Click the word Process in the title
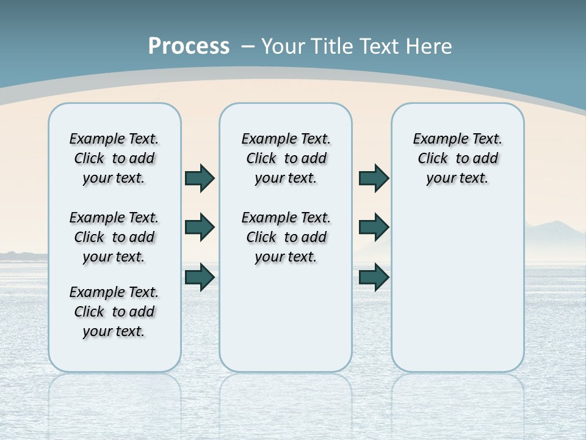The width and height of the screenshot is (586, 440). (189, 46)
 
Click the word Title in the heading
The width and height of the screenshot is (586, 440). (332, 46)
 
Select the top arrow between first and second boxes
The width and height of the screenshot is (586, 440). (200, 178)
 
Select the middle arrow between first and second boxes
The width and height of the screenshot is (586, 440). (200, 227)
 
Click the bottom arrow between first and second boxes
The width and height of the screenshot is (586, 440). (200, 277)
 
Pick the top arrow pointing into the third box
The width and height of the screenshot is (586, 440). (374, 178)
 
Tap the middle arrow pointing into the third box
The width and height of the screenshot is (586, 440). (374, 227)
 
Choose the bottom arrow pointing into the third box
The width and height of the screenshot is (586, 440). (374, 277)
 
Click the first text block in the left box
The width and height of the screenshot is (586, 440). (114, 158)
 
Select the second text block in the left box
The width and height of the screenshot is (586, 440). (114, 237)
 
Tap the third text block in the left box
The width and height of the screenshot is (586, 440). (114, 312)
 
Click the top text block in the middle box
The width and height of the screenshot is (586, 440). (286, 158)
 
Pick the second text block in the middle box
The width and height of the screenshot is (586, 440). (286, 237)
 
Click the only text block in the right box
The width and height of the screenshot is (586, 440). (457, 158)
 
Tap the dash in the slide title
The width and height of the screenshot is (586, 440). (248, 46)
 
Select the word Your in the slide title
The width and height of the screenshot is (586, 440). (283, 46)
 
